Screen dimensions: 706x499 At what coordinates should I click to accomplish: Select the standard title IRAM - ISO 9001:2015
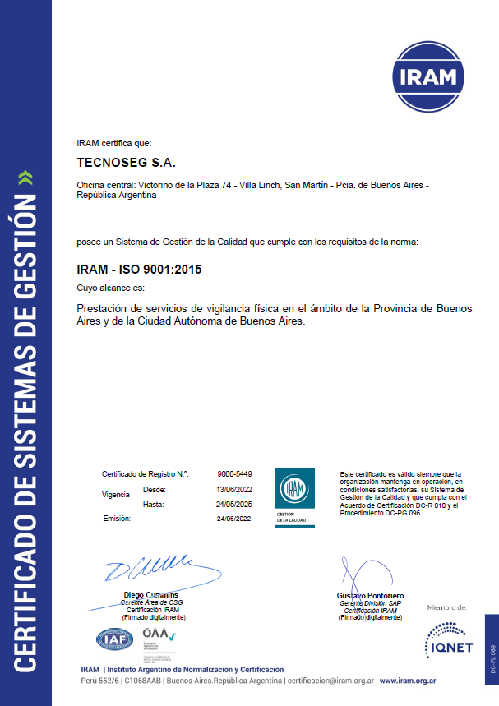[139, 269]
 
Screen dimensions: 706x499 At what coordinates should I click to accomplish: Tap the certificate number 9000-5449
[234, 474]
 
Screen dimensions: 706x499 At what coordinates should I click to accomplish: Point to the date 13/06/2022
[234, 489]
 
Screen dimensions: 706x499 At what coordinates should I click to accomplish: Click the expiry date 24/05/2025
[234, 504]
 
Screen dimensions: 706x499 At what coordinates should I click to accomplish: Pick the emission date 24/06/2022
[234, 519]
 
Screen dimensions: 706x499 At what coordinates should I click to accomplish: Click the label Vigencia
[115, 495]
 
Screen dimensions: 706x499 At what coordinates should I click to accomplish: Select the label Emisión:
[117, 519]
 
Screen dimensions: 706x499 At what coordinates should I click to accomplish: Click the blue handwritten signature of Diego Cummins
[148, 570]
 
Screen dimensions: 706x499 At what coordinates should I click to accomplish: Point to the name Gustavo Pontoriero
[371, 595]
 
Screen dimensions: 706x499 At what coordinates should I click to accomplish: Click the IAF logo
[114, 638]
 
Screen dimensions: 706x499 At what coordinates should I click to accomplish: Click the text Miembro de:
[447, 608]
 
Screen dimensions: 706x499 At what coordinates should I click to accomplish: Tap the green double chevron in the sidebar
[25, 177]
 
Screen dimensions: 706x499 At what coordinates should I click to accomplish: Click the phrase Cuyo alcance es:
[109, 288]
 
